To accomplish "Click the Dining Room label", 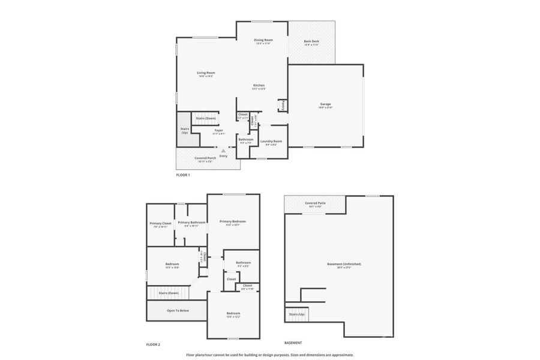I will tap(263, 40).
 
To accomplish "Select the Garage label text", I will tap(325, 104).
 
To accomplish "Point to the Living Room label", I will tap(206, 73).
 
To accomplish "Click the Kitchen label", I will tap(259, 85).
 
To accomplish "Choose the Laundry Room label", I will tap(271, 141).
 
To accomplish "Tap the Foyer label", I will tap(218, 130).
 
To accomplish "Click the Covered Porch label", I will tap(205, 158).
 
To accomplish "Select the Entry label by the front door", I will tap(223, 156).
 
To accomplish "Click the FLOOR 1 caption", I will tap(182, 175).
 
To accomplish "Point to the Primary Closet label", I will tap(160, 223).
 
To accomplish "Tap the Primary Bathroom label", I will tap(191, 223).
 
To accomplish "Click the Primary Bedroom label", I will tap(232, 221).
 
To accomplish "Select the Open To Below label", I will tap(178, 311).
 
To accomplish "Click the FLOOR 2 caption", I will tap(153, 344).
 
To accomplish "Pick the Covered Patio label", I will tap(315, 203).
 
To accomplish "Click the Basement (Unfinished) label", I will tap(344, 264).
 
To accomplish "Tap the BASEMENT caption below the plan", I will tap(293, 343).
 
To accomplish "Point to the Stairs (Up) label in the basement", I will tap(297, 314).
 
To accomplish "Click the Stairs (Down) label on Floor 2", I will tap(169, 293).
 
